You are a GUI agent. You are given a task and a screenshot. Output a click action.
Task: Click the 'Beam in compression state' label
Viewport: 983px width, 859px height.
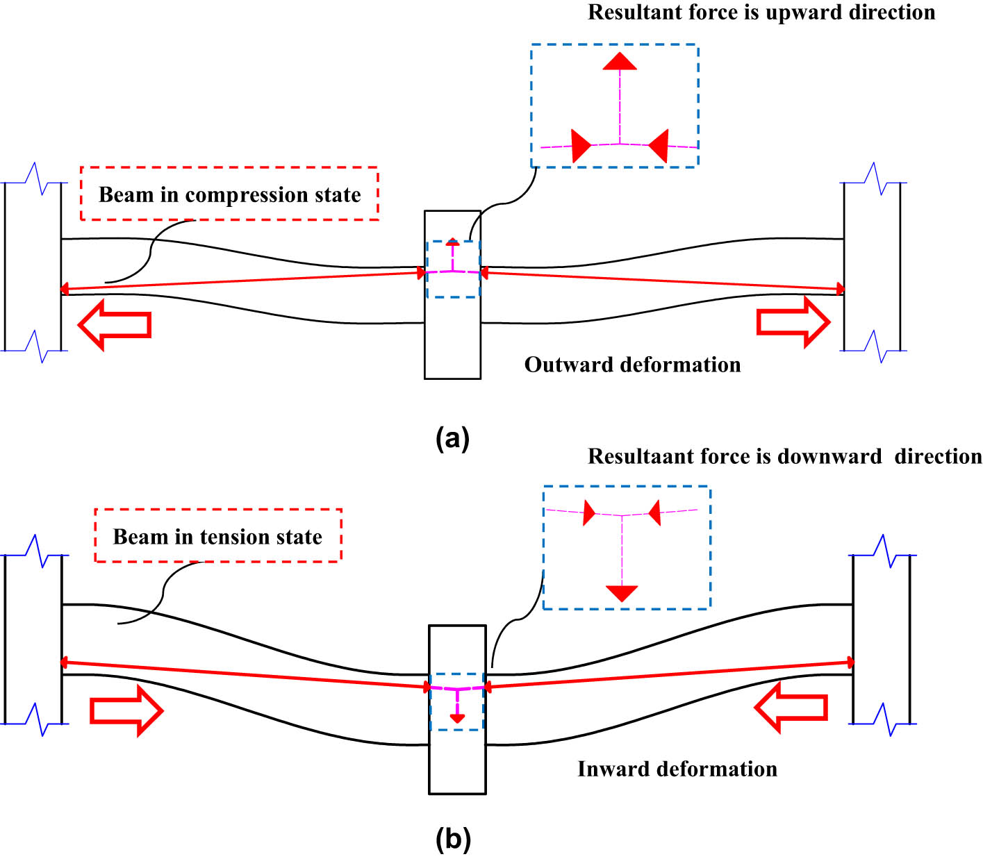click(229, 194)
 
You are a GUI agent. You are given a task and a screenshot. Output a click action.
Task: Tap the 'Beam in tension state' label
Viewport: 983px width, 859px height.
click(217, 537)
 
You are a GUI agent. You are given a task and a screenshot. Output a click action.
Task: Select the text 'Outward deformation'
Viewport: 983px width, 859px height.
click(632, 365)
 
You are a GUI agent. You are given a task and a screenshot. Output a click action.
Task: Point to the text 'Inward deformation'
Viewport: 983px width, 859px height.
click(677, 769)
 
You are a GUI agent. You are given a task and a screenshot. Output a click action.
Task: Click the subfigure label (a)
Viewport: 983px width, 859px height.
click(452, 439)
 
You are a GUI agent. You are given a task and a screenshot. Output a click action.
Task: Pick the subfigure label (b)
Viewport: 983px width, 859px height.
click(453, 840)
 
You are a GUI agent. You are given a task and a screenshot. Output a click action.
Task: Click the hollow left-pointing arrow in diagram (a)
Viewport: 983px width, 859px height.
click(115, 324)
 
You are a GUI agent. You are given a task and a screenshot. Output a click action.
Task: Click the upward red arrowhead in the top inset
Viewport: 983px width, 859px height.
click(620, 61)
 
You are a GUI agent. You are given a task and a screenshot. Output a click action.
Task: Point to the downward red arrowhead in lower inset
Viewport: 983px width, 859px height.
click(622, 593)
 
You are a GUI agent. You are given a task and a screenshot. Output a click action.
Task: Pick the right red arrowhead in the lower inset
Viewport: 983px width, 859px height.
click(654, 513)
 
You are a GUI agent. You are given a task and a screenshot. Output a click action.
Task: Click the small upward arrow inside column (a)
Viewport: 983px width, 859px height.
click(453, 242)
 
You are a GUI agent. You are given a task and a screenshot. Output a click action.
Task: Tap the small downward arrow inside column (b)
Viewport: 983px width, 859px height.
click(457, 717)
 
